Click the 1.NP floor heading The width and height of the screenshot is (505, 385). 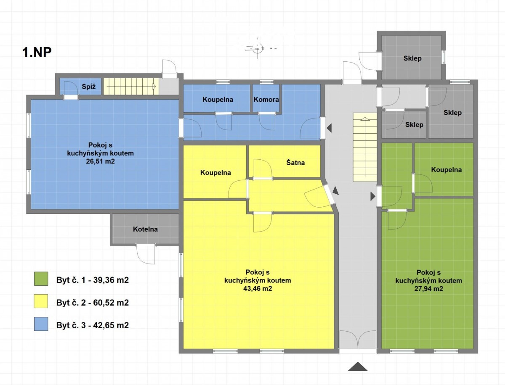[x=37, y=53]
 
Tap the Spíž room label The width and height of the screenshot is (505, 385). [x=88, y=87]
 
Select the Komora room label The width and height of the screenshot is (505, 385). [x=266, y=100]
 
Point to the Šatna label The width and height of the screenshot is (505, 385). [x=295, y=162]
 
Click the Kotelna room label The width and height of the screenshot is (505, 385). [x=146, y=229]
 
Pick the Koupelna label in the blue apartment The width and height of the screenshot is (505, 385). [x=218, y=100]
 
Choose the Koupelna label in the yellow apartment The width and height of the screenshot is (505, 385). [x=215, y=172]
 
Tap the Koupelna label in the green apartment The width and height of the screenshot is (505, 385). [x=447, y=169]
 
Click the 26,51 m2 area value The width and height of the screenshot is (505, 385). [x=100, y=161]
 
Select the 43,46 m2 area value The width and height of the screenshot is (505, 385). [x=258, y=288]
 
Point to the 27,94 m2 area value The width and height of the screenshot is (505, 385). [x=428, y=288]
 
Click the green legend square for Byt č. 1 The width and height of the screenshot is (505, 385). [x=41, y=279]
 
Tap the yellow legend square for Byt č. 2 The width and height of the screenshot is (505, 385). [x=41, y=301]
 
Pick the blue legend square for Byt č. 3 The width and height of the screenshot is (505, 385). [x=41, y=324]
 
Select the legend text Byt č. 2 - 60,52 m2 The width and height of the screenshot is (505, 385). [x=93, y=303]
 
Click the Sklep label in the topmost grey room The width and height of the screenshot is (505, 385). [x=412, y=58]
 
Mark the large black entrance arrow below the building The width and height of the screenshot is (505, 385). [x=358, y=367]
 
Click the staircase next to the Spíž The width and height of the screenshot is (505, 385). [x=131, y=86]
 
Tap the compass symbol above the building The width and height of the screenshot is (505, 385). [x=258, y=48]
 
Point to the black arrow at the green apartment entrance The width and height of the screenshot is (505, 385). [x=373, y=196]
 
